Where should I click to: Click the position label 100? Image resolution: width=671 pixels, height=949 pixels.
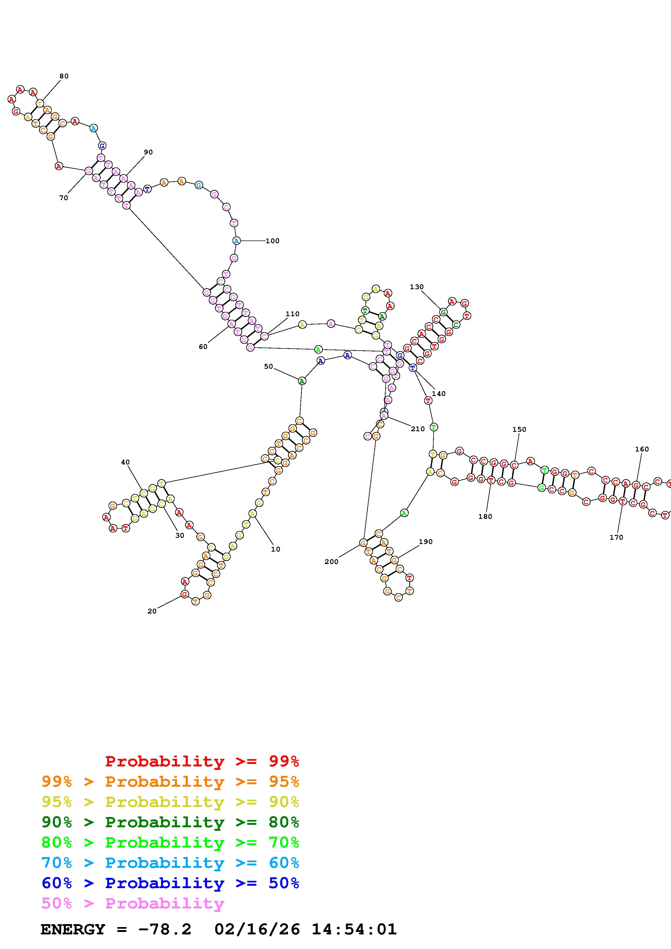point(273,241)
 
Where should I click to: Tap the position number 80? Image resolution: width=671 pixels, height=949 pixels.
point(64,76)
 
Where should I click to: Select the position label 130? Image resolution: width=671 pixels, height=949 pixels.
point(417,287)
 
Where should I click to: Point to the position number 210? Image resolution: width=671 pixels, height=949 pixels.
point(418,429)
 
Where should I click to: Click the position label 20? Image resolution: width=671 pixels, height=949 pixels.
point(152,611)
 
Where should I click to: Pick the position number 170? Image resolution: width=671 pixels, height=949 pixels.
point(616,537)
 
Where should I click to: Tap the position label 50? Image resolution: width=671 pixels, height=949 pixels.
point(269,367)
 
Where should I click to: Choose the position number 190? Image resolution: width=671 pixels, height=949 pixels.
point(425,542)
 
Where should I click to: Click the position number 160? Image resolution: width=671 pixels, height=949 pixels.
point(642,449)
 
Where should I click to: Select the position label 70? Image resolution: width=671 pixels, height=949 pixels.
point(64,198)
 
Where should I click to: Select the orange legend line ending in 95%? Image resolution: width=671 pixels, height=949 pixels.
point(170,782)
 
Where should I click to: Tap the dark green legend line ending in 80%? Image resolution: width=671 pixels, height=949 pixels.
point(170,822)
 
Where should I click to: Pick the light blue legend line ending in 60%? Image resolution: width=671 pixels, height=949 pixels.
point(170,863)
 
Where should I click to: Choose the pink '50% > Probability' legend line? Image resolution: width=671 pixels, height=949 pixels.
point(133,903)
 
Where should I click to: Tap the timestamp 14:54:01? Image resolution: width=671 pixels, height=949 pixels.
point(354,930)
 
